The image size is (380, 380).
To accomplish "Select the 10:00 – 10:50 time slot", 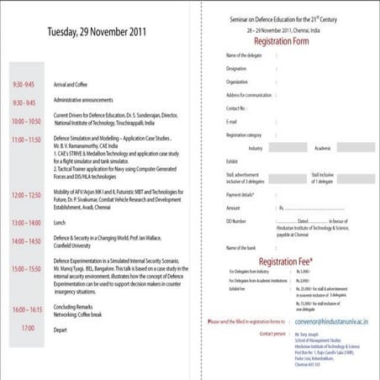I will [x=26, y=121].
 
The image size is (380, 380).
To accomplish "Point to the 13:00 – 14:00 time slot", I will [x=26, y=224].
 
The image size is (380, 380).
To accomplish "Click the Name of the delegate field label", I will [x=245, y=55].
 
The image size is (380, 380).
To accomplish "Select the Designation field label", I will [x=237, y=69].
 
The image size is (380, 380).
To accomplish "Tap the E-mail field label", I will [x=233, y=121].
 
